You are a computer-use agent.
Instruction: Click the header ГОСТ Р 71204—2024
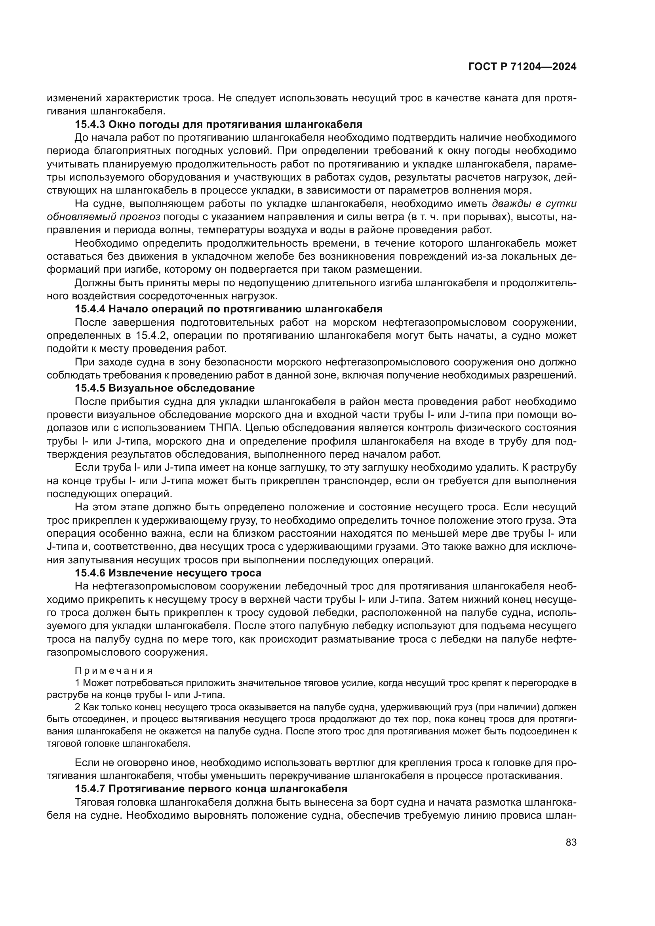[x=522, y=67]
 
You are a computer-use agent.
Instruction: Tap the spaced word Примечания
[x=114, y=671]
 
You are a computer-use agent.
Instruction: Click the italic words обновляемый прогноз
[x=104, y=217]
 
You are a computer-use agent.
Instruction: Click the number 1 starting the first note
[x=78, y=683]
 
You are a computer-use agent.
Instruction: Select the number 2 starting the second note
[x=78, y=707]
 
